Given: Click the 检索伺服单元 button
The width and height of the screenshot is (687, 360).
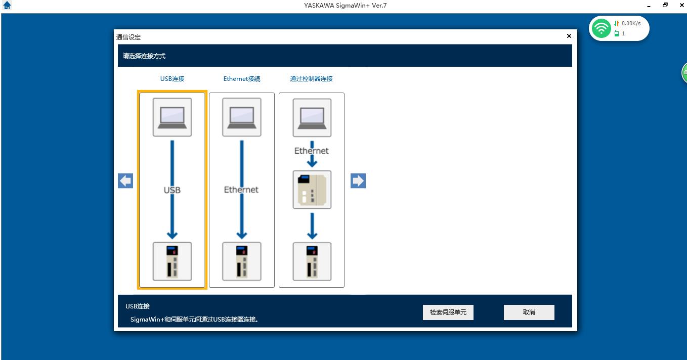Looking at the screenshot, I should point(448,312).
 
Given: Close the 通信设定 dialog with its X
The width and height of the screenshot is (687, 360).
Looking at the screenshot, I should point(569,36).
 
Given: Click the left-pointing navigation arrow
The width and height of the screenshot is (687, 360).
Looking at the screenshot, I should point(125,181).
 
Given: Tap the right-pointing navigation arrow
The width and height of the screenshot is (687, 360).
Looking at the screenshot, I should point(358,181).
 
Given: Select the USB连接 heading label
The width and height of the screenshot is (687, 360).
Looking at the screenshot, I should point(172,79).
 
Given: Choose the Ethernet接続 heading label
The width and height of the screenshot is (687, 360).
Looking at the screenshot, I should point(242,79).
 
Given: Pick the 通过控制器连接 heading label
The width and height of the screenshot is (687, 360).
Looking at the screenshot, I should point(311,79).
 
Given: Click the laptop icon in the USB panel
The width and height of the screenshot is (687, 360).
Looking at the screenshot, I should point(172,117).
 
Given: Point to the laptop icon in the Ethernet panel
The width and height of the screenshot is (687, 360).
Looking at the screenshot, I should point(242,117).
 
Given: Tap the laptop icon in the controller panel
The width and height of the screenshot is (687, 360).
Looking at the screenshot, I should point(312,117).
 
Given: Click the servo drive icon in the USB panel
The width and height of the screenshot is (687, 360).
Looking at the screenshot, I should point(172,261).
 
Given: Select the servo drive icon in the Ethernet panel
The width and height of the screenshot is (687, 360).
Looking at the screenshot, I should point(242,261).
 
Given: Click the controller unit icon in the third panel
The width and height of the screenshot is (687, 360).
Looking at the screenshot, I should point(312,190).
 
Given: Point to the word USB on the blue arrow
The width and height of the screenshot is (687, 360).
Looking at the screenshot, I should point(172,190).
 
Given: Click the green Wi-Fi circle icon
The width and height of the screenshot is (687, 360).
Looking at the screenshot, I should point(602,28).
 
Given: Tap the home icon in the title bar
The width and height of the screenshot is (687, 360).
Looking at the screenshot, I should point(7,6).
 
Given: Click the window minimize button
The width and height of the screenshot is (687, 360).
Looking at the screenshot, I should point(649,6).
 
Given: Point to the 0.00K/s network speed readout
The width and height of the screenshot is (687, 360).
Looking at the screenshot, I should point(631,23).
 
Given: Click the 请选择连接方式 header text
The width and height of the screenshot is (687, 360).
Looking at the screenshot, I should point(144,56).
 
